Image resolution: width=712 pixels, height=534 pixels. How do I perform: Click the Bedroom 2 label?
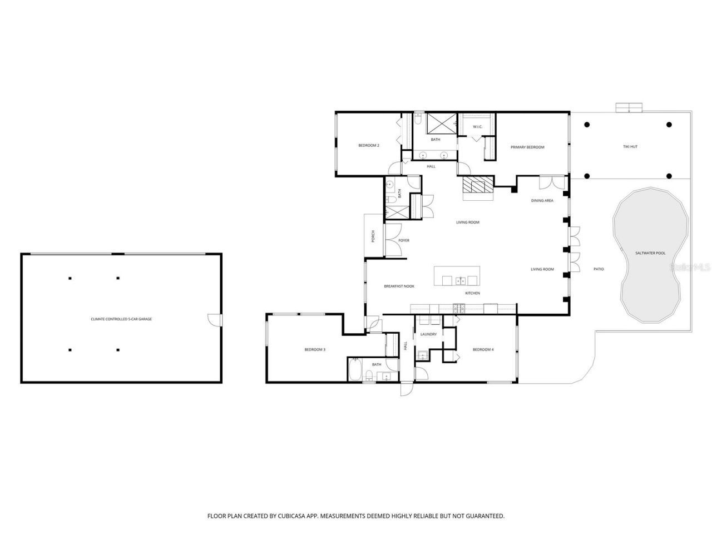[x=368, y=146]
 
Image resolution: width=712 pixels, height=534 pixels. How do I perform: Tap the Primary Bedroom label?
[x=527, y=147]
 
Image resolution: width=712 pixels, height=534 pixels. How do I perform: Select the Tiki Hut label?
[x=630, y=147]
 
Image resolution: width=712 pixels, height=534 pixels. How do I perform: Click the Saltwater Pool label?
[x=650, y=253]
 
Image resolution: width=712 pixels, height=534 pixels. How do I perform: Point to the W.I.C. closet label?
[x=477, y=127]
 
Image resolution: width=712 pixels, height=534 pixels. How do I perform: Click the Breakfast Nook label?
[x=399, y=286]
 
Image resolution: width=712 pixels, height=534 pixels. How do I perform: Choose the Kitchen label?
[x=472, y=293]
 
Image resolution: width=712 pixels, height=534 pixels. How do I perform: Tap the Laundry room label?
[x=428, y=334]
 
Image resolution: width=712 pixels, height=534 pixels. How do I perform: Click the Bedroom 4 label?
[x=483, y=349]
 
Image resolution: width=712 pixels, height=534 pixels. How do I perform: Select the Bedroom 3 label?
[x=314, y=350]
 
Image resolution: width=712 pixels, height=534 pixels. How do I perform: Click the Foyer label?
[x=404, y=240]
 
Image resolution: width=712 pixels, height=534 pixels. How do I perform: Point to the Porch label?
[x=373, y=236]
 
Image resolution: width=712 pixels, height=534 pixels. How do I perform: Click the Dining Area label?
[x=542, y=201]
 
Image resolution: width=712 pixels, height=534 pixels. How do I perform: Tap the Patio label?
[x=599, y=269]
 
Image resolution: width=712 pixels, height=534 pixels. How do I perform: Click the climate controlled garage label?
[x=121, y=319]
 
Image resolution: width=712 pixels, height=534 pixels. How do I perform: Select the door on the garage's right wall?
[x=214, y=320]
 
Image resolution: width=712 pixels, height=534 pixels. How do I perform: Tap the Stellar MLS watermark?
[x=690, y=268]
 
